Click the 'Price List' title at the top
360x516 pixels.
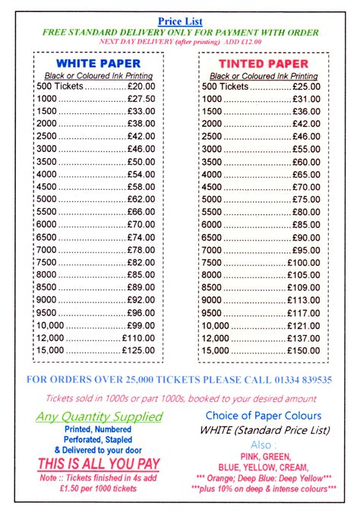(x=180, y=21)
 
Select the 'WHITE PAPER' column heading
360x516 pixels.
(x=95, y=64)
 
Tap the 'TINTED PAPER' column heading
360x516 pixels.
(x=263, y=64)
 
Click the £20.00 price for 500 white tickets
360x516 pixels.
(x=141, y=87)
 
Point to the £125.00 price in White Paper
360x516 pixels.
(x=138, y=350)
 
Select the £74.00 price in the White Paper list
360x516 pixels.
(x=141, y=237)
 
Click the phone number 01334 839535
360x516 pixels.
(x=303, y=379)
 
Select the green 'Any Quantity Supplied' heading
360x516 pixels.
(x=99, y=416)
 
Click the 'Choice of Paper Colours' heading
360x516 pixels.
(x=263, y=416)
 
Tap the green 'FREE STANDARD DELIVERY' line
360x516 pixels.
(x=180, y=33)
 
